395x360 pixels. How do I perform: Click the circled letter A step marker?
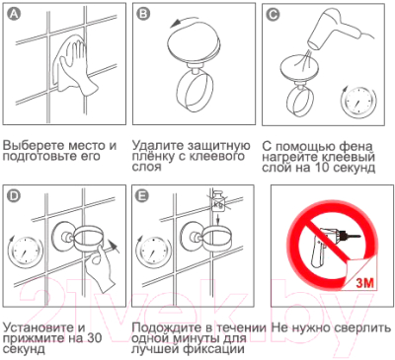coord(12,14)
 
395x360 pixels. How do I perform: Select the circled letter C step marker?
coord(274,14)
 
